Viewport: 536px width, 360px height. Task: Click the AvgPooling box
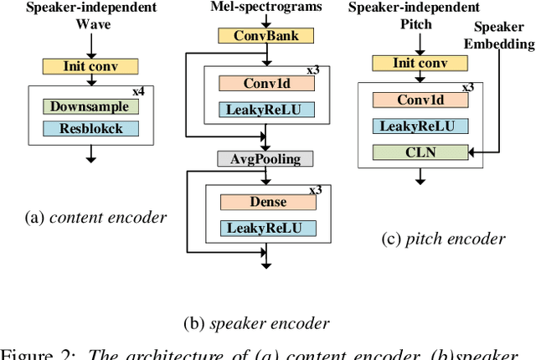265,158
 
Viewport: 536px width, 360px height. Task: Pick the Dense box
267,202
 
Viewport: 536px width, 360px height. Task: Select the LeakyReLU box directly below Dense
267,229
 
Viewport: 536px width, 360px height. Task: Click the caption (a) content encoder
95,218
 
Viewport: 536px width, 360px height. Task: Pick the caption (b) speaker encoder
256,323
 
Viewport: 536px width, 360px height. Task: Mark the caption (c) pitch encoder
443,239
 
